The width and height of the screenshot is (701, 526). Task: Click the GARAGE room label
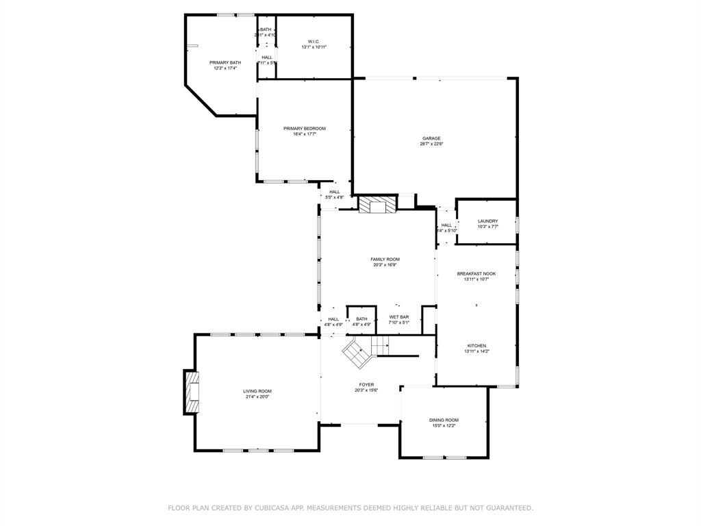(x=431, y=138)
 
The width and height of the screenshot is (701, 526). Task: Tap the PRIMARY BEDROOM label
(x=305, y=129)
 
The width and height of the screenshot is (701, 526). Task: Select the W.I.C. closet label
(x=314, y=41)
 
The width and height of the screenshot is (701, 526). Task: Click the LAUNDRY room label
(x=487, y=221)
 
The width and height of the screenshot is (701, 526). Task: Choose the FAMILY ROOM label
(x=385, y=259)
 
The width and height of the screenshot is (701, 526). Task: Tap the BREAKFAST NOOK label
(x=476, y=273)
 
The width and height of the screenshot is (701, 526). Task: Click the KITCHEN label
(x=476, y=345)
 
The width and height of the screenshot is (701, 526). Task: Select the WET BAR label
(x=399, y=317)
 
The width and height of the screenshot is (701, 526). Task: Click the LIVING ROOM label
(x=257, y=391)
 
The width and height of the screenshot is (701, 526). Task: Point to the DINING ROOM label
(x=444, y=420)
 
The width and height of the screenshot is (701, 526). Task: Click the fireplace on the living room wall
(x=192, y=392)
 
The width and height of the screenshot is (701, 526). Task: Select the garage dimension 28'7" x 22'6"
(x=431, y=144)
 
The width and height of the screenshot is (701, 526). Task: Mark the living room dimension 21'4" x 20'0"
(x=257, y=397)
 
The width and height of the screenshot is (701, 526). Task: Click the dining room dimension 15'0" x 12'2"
(x=444, y=425)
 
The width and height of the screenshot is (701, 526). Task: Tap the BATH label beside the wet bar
(x=361, y=318)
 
